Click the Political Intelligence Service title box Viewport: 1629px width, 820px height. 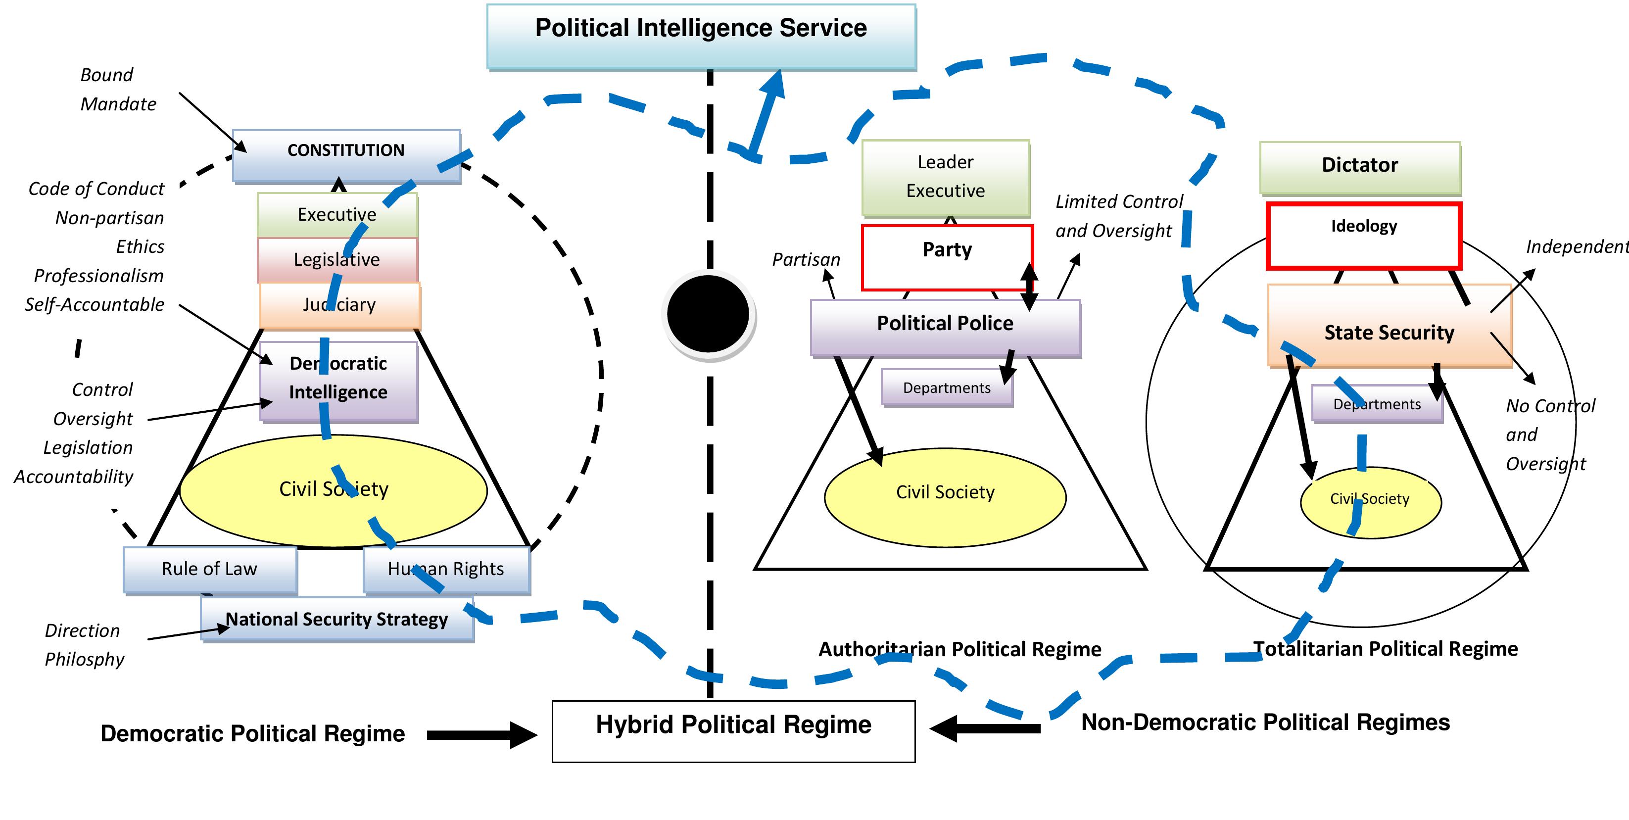(701, 36)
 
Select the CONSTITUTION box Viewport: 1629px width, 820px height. (346, 155)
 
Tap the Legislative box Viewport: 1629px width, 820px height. (337, 260)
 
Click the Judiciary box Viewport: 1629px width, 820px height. (339, 305)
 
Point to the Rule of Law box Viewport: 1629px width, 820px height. (209, 569)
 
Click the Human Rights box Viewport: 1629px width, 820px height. (446, 569)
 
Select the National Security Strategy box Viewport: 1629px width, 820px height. (337, 620)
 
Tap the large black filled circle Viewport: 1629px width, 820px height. (708, 314)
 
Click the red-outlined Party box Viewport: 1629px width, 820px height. (947, 257)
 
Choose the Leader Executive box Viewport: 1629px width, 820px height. (946, 177)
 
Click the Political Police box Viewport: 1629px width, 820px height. (946, 326)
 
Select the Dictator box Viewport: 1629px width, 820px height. (1360, 166)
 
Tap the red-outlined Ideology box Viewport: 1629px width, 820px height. (1363, 235)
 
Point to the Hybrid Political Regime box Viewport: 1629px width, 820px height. (733, 730)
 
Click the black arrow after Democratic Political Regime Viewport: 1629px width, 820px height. (480, 735)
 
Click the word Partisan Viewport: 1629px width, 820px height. (806, 260)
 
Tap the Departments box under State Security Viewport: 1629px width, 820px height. (1377, 403)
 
